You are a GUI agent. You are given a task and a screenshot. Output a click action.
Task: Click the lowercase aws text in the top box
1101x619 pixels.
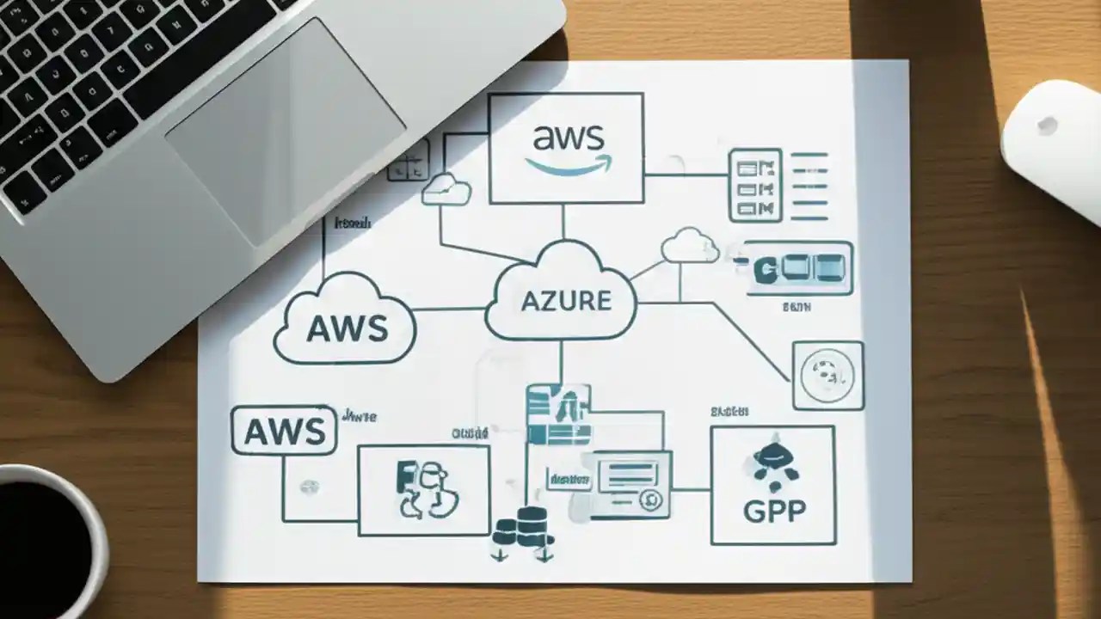(569, 138)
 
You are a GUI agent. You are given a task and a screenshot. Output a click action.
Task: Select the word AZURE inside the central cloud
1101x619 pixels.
(566, 301)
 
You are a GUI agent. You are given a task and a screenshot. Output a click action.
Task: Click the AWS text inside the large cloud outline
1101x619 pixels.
(347, 328)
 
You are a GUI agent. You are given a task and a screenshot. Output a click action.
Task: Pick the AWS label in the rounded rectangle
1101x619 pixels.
(285, 431)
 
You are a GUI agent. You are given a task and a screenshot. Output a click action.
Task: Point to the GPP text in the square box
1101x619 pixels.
(773, 511)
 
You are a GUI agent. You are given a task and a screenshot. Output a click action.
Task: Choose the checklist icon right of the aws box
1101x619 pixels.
(754, 185)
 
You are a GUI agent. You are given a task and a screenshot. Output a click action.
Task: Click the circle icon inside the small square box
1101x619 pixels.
(827, 375)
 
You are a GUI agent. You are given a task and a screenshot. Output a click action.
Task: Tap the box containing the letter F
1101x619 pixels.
(423, 490)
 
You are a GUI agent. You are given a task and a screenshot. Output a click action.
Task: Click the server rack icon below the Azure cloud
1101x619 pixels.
(557, 414)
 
